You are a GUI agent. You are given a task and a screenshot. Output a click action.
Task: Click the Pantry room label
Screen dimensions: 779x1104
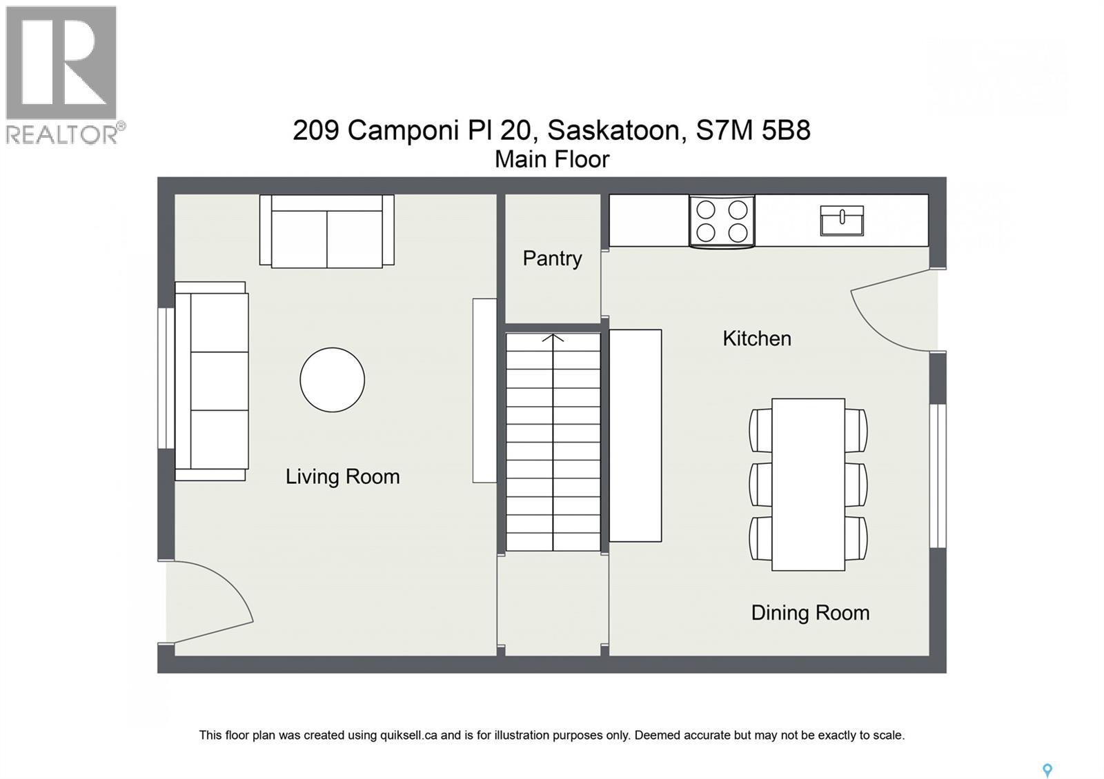coord(552,259)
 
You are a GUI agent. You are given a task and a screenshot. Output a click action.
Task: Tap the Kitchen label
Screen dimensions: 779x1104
coord(756,338)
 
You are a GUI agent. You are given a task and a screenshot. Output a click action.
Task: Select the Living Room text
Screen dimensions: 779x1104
coord(342,476)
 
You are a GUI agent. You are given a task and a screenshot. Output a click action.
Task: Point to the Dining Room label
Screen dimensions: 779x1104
coord(810,613)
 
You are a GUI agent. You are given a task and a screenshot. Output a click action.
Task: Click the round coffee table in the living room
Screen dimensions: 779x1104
coord(332,380)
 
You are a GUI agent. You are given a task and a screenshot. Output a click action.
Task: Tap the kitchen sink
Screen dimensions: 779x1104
coord(842,221)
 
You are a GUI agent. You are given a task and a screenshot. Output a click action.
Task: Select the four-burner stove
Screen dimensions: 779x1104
coord(722,221)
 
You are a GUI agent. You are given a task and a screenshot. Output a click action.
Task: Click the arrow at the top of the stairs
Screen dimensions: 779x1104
coord(553,338)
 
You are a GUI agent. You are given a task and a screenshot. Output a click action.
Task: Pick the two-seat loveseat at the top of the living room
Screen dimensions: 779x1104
coord(326,232)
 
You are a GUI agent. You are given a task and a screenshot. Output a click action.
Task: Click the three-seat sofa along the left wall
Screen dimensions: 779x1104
coord(211,381)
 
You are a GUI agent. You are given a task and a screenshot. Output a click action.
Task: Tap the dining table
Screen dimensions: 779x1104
coord(808,484)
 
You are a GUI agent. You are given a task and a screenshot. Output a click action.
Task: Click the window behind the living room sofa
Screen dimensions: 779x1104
coord(166,378)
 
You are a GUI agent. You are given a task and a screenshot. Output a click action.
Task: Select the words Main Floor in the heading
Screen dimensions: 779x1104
coord(552,159)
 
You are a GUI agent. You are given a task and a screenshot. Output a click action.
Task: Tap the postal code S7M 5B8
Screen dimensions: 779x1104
coord(753,130)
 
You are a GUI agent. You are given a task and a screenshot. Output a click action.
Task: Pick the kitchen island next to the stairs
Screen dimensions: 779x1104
coord(635,436)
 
